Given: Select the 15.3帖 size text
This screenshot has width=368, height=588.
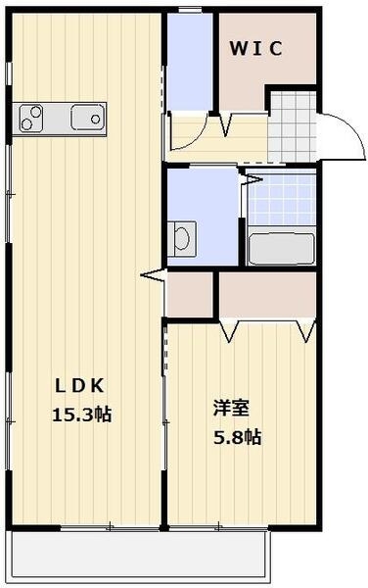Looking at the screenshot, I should pos(81,414).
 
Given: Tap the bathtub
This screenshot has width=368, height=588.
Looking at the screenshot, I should pos(281,248).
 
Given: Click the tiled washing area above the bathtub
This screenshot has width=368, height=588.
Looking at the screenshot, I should pos(281,201).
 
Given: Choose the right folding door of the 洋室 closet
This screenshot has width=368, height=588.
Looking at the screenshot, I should pos(305,331).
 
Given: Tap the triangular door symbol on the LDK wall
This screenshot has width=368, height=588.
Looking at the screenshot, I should pos(153,278).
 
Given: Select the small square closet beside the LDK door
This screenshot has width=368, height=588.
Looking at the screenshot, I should pos(190,294).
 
